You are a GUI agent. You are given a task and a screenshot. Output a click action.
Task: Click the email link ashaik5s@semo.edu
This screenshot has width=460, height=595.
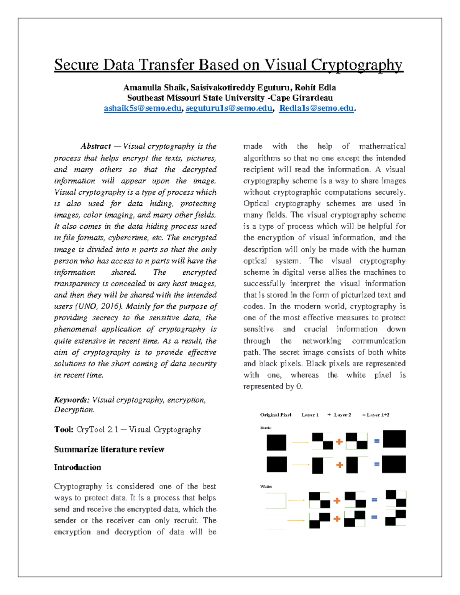[142, 108]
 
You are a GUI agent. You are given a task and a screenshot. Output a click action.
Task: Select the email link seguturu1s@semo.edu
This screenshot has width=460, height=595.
[229, 108]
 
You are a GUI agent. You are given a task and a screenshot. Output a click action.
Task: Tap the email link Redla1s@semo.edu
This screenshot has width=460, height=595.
[316, 108]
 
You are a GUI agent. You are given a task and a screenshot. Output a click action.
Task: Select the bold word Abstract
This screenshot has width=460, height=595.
[96, 146]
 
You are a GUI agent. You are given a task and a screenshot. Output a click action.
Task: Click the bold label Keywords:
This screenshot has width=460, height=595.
[72, 400]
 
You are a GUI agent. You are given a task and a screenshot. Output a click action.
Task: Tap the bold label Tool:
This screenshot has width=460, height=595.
[64, 429]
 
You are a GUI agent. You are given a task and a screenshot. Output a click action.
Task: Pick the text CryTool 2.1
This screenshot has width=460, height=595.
[97, 429]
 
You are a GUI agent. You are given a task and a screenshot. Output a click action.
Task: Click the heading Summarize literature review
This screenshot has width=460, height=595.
[109, 449]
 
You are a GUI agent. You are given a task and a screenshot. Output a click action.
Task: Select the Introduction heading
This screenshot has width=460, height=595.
[77, 467]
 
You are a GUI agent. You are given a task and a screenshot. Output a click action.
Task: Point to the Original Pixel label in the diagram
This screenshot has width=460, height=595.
[276, 415]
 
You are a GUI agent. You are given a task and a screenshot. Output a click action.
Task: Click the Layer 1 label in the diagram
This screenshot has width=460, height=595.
[310, 415]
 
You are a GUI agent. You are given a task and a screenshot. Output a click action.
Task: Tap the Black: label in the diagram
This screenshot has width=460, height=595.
[266, 428]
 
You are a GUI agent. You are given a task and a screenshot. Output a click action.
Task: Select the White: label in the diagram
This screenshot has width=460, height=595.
[266, 487]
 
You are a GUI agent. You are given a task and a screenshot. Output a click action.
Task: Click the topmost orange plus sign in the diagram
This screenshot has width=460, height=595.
[339, 442]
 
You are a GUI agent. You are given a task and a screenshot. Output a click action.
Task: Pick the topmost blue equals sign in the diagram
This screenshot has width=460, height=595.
[377, 441]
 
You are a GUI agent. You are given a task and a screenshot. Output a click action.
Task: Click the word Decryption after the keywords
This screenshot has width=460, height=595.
[74, 410]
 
